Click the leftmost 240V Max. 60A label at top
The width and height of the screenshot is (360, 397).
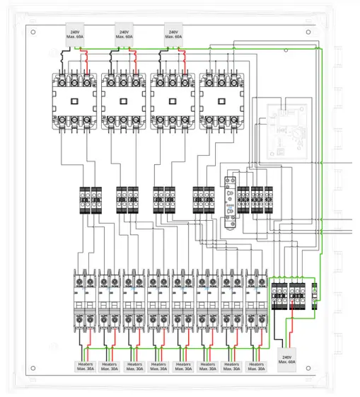click(x=75, y=35)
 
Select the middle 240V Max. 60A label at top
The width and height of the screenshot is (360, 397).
click(x=124, y=35)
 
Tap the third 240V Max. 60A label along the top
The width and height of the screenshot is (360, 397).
click(x=173, y=35)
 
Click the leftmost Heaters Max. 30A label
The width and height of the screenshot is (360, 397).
click(x=86, y=367)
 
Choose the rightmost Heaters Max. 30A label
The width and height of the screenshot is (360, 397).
click(x=255, y=367)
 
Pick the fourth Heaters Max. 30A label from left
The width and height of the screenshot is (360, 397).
click(x=159, y=367)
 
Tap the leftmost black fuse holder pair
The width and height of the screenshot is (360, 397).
click(x=91, y=200)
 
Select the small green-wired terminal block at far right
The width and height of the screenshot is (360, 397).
click(x=315, y=294)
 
